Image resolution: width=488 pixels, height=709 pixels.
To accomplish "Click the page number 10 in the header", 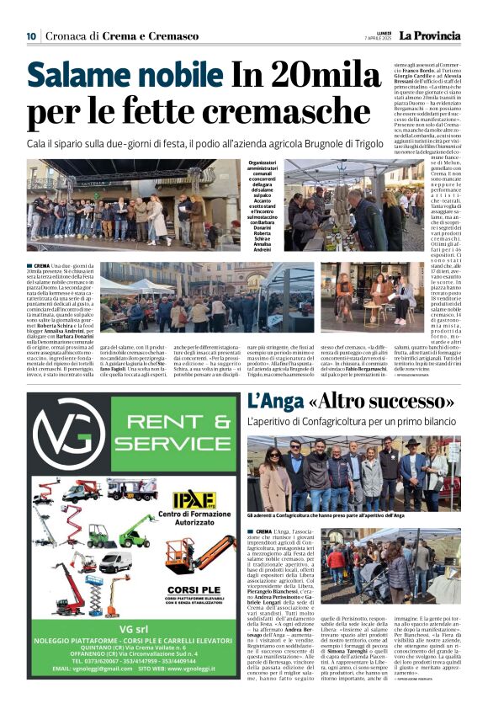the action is pyautogui.click(x=31, y=35).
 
